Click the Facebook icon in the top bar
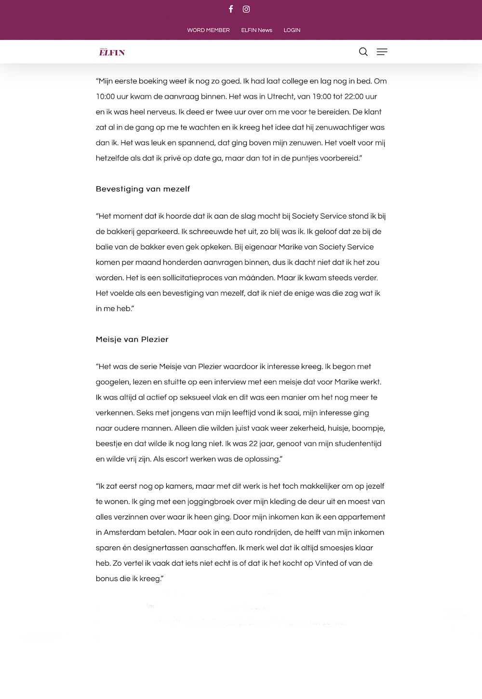tap(231, 9)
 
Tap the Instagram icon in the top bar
tap(246, 9)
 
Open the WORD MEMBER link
tap(208, 30)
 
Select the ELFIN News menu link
tap(256, 30)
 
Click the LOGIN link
tap(292, 30)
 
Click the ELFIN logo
tap(112, 52)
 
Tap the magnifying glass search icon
tap(363, 52)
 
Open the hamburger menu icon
tap(382, 52)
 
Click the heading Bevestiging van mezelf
tap(143, 189)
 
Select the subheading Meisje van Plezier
tap(132, 339)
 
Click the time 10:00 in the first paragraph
tap(105, 97)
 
